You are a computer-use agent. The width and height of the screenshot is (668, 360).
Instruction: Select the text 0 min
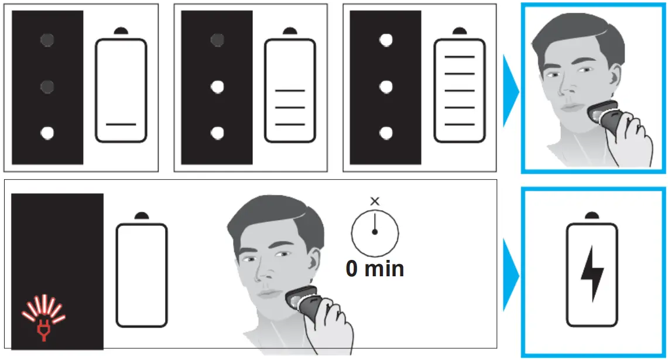tap(375, 269)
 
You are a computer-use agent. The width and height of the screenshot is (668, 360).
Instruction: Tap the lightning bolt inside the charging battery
tap(592, 273)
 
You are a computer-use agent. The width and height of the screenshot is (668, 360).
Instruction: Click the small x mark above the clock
tap(375, 201)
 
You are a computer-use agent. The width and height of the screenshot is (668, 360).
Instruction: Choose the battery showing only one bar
tap(121, 91)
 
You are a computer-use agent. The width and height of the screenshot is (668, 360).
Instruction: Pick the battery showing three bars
tap(290, 91)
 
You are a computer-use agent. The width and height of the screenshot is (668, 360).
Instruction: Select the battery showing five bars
tap(459, 91)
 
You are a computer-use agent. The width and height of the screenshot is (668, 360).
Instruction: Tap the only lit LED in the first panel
tap(47, 133)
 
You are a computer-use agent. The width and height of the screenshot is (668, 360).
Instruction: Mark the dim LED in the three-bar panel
tap(217, 40)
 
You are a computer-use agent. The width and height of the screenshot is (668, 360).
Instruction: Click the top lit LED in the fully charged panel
tap(385, 40)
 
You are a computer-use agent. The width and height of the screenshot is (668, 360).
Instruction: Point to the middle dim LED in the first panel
tap(47, 87)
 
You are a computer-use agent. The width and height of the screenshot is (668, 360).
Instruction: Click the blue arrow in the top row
tap(511, 88)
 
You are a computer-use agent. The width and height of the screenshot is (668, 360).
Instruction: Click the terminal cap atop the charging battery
tap(592, 216)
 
